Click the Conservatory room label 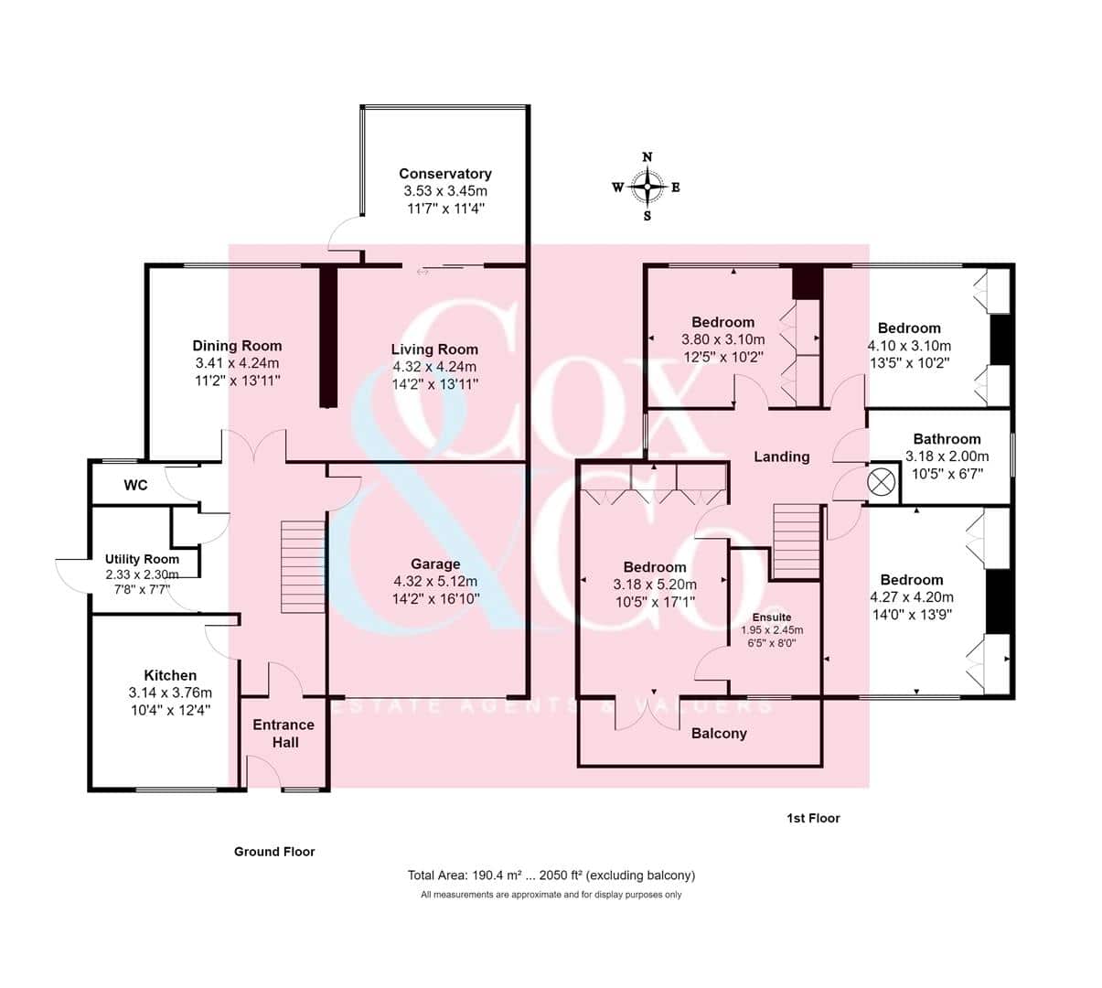tap(445, 174)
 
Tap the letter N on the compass tap(647, 157)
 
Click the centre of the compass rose tap(647, 187)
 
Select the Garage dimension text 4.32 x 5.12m tap(435, 582)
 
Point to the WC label tap(135, 485)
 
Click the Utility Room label tap(142, 559)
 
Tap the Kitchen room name tap(170, 675)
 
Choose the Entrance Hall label tap(284, 734)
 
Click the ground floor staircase tap(304, 567)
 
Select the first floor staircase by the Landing tap(797, 541)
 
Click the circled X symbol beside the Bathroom tap(881, 482)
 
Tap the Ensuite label tap(772, 617)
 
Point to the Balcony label tap(719, 734)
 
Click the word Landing tap(782, 457)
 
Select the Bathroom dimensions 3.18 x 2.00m tap(947, 456)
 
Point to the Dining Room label tap(237, 346)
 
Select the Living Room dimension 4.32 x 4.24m tap(434, 367)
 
